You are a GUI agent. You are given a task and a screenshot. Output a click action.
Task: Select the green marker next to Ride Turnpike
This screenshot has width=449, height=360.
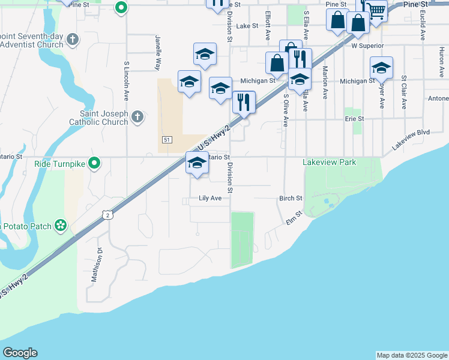tap(94, 163)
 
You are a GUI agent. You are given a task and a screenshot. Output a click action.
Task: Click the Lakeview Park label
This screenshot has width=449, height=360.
tap(330, 162)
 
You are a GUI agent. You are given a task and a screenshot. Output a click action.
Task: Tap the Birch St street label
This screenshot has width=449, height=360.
tap(291, 198)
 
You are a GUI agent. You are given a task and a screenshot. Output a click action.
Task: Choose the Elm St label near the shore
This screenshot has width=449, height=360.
tap(292, 222)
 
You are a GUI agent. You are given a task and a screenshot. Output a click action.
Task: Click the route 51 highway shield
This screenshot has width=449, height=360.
tap(167, 140)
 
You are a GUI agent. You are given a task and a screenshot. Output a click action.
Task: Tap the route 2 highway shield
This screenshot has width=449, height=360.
tap(107, 214)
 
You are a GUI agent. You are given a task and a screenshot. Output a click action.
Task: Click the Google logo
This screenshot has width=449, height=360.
tap(20, 353)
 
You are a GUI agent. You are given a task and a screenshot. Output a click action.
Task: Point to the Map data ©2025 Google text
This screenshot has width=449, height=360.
tap(412, 355)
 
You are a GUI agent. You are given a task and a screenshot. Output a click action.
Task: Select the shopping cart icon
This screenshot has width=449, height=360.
tap(377, 10)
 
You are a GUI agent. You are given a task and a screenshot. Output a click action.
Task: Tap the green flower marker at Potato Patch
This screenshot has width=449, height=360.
tap(61, 226)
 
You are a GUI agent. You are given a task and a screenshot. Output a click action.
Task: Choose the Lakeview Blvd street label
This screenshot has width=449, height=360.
tap(411, 140)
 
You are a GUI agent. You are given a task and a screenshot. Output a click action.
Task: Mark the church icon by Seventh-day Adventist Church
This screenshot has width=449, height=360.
tap(73, 40)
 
